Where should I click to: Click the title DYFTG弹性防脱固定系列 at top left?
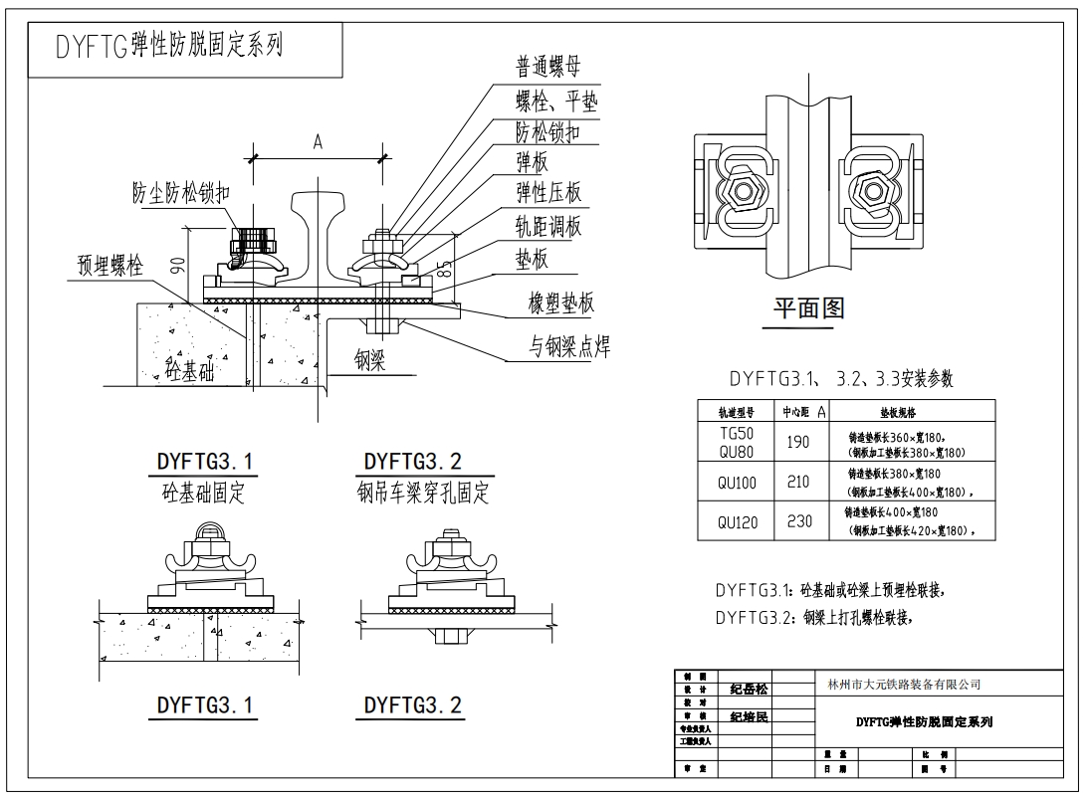[155, 46]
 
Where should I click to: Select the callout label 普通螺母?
[547, 68]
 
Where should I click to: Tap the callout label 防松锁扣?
[547, 132]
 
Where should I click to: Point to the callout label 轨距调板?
[547, 226]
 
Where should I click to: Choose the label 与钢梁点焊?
[569, 346]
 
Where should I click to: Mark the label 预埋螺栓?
[111, 266]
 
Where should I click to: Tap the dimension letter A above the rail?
[318, 142]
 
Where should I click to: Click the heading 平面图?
[808, 308]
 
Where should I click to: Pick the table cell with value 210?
[797, 483]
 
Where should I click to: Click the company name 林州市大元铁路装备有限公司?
[904, 685]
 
